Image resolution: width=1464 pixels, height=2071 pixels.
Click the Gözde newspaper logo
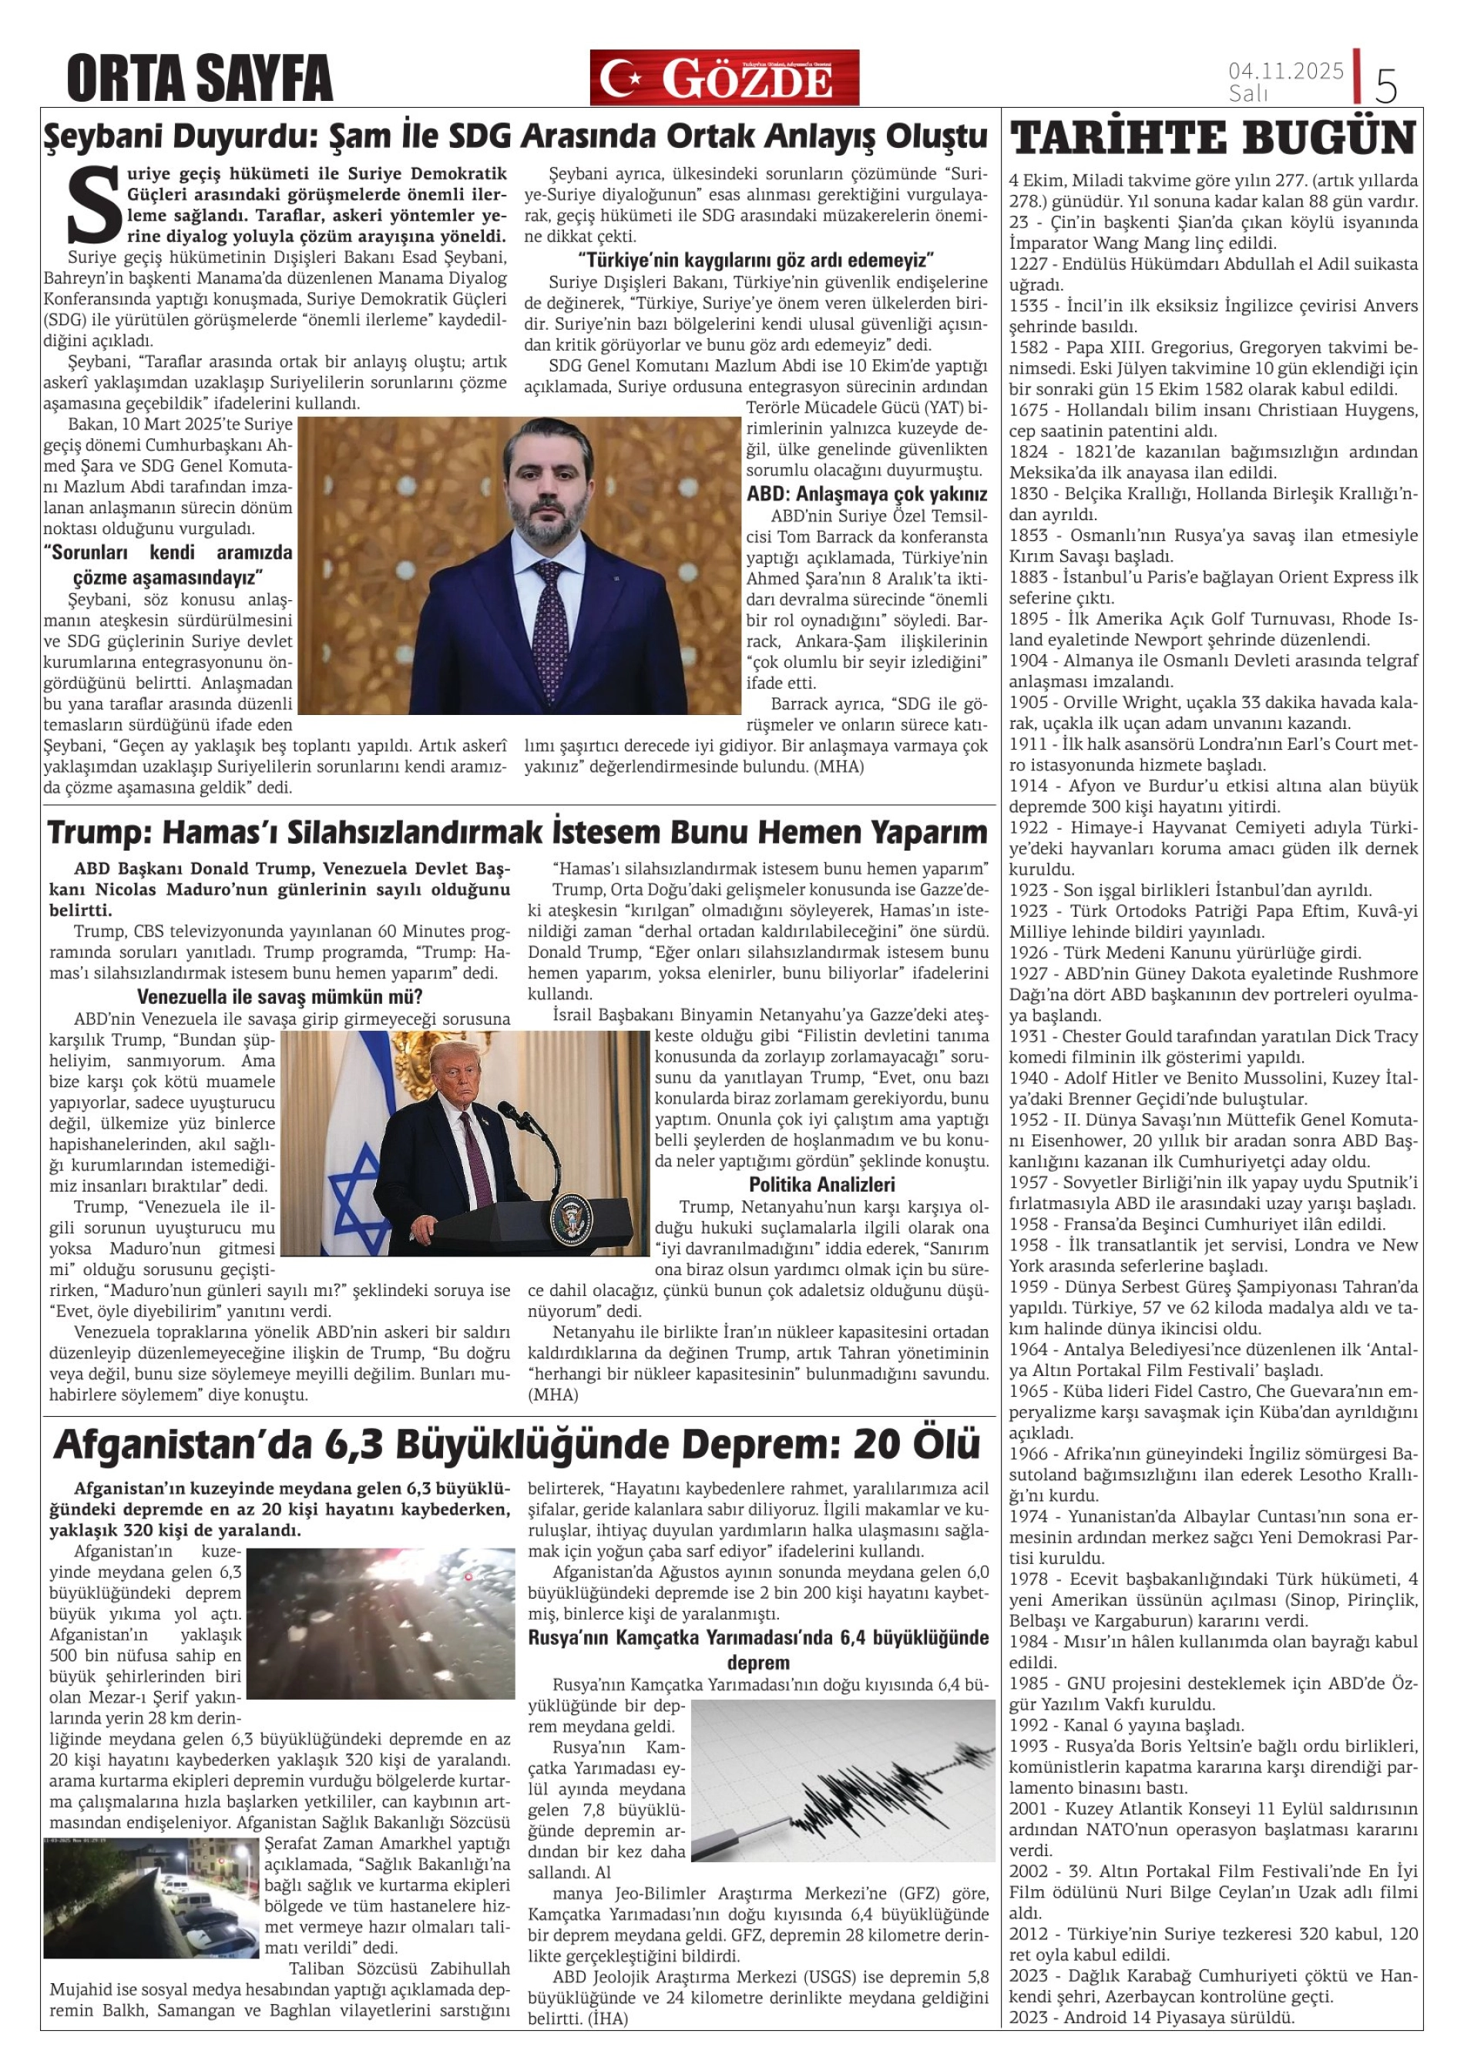tap(724, 78)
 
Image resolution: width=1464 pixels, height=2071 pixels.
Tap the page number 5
tap(1385, 86)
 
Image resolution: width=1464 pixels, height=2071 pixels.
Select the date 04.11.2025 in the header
tap(1285, 70)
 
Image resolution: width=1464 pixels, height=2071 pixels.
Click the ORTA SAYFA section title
tap(200, 79)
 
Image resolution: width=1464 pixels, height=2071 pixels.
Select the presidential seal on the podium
tap(571, 1213)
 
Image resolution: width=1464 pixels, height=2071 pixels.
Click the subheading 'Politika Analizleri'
tap(821, 1184)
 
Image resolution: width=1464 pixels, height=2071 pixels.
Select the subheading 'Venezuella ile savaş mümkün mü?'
tap(280, 997)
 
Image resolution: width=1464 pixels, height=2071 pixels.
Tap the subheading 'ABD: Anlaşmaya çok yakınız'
tap(867, 495)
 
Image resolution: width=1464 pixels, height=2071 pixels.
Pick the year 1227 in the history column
tap(1030, 264)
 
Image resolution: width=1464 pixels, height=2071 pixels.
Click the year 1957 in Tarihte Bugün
tap(1030, 1183)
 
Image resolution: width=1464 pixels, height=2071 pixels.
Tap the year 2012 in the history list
tap(1030, 1934)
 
